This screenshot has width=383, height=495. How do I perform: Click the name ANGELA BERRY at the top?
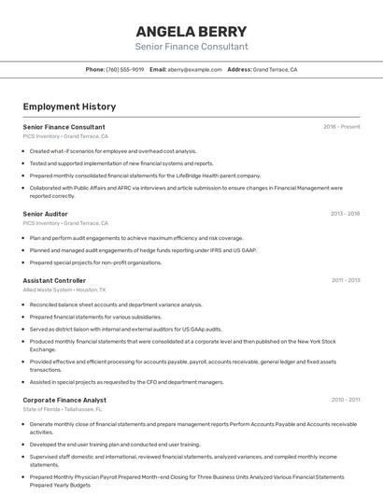coord(191,31)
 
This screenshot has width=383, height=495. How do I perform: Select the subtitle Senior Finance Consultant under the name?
coord(191,47)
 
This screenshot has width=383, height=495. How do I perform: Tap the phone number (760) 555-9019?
coord(125,70)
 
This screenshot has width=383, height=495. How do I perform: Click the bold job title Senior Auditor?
coord(45,214)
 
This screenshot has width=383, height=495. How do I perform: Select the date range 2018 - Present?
coord(342,127)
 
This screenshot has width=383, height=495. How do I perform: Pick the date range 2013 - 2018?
coord(345,214)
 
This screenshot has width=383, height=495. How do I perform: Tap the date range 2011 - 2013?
coord(346,280)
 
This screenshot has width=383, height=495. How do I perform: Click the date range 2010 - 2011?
coord(346,400)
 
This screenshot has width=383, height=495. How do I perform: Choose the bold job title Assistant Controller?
coord(54,280)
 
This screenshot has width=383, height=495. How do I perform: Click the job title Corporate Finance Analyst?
coord(64,400)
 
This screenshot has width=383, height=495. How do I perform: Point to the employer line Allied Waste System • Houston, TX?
coord(64,290)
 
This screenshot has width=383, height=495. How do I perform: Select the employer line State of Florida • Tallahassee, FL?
coord(63,410)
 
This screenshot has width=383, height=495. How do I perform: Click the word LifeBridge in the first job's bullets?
coord(191,175)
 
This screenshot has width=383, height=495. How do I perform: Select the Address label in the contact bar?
coord(239,70)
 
